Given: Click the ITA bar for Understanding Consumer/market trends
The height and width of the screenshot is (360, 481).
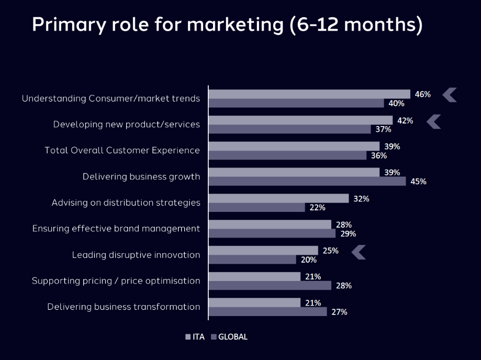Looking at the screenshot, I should (x=309, y=94).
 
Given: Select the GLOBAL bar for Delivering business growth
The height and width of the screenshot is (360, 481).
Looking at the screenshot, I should (x=307, y=181).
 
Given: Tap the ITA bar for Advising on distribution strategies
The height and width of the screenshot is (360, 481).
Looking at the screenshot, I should (x=278, y=198).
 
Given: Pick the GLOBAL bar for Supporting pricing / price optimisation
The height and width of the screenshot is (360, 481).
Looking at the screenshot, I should (x=270, y=285).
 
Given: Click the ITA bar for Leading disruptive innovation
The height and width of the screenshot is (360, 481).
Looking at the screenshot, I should (x=263, y=251).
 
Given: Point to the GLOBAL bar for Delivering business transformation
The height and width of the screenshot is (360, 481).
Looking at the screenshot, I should (x=267, y=311).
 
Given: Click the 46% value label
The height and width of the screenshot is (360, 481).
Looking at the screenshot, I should (x=422, y=94).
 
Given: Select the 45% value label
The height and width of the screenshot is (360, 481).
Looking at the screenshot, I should (x=418, y=182).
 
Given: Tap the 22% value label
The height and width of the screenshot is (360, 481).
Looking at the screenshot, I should (x=317, y=207).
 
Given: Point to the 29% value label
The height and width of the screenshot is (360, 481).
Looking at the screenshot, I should (x=348, y=233).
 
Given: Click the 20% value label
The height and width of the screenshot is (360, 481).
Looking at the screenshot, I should (x=308, y=260).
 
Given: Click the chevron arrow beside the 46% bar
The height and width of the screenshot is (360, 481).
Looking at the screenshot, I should (x=450, y=95).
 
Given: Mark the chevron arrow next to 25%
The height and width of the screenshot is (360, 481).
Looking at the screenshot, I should (x=359, y=252).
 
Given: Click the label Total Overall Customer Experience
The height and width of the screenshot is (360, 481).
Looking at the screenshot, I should (x=122, y=150).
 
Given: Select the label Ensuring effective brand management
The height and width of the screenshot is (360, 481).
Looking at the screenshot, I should (x=116, y=229).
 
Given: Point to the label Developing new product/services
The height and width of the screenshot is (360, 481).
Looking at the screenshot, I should (x=126, y=124).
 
